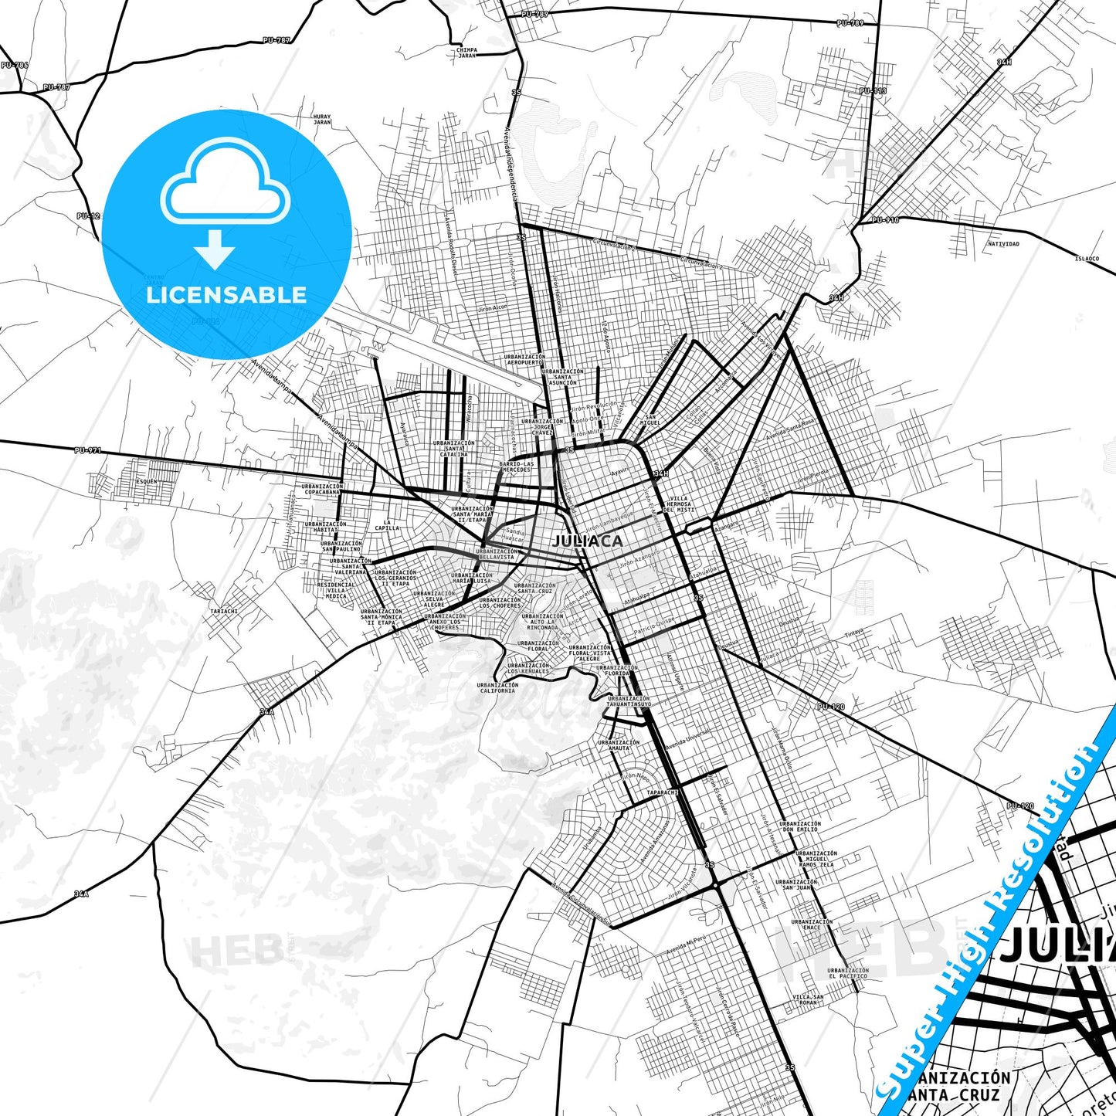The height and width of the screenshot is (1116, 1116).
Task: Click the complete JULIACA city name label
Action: (588, 541)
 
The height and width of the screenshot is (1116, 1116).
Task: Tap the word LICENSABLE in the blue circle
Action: (226, 294)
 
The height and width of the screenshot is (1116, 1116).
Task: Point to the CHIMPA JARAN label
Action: (466, 53)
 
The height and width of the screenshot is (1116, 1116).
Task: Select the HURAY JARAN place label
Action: (322, 120)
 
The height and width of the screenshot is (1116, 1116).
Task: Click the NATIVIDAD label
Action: (1003, 244)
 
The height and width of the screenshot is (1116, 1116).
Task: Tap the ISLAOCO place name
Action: (1087, 259)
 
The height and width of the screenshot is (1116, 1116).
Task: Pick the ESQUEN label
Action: (146, 481)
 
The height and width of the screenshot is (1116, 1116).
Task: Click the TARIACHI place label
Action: (224, 611)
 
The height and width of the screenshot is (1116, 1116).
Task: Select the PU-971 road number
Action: (88, 450)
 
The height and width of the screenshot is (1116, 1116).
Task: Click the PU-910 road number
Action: (885, 220)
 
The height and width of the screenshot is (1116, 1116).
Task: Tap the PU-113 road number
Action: (873, 91)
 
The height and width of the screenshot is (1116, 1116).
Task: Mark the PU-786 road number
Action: (14, 65)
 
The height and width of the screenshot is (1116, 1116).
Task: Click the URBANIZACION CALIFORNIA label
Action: (497, 687)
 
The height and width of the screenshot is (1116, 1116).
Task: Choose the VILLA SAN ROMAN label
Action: (808, 999)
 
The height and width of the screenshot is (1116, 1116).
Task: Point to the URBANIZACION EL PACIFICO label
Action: (848, 973)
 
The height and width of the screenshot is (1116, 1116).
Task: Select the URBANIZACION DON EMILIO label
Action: (800, 826)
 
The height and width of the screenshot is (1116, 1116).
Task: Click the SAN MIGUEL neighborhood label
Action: (650, 421)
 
